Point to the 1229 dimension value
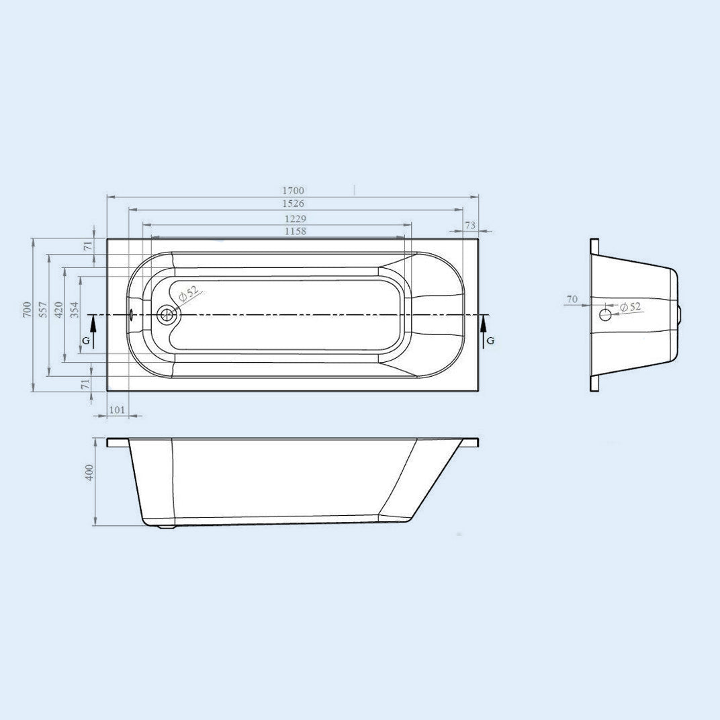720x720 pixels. pos(295,219)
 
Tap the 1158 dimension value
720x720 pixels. pos(295,232)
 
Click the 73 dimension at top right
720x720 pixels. pos(470,225)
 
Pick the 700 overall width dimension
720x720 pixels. pos(26,309)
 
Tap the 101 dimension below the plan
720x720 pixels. pos(118,410)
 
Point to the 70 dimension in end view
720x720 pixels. pos(572,299)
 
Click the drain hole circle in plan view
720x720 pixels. pos(166,314)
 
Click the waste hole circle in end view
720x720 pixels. pos(605,314)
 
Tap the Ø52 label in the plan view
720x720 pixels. pos(189,294)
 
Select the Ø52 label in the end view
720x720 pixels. pos(631,307)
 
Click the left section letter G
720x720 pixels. pos(85,341)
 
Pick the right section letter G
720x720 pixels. pos(490,341)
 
